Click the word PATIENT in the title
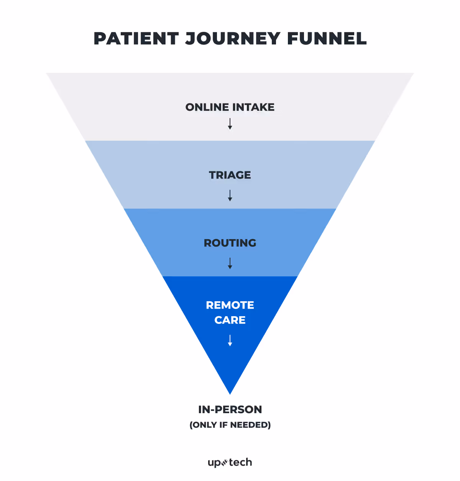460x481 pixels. (136, 39)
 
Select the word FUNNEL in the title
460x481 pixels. (327, 39)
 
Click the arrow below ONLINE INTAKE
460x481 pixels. (230, 124)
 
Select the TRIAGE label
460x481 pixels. (230, 175)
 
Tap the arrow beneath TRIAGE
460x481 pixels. (230, 195)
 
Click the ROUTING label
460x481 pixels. (230, 243)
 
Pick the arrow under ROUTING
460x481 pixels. (230, 263)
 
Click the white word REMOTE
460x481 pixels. (230, 305)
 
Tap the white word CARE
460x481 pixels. (230, 320)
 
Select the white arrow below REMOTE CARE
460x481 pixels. (230, 340)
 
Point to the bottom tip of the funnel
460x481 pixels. (230, 392)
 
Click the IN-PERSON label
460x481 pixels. (230, 409)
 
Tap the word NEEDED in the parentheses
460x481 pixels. (250, 425)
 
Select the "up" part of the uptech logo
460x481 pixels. (214, 463)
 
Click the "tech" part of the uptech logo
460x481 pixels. (241, 462)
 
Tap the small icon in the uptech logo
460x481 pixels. (225, 462)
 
